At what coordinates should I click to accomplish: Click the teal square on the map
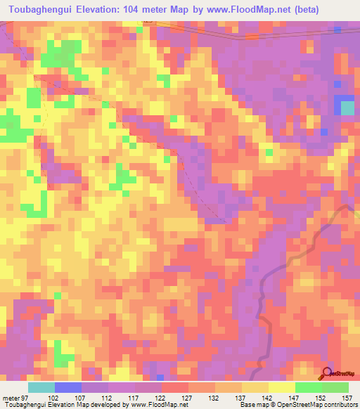click(x=347, y=108)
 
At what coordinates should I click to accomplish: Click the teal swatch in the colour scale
click(x=41, y=387)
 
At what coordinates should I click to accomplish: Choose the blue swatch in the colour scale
click(x=68, y=387)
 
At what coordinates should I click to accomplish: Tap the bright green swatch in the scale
click(x=308, y=387)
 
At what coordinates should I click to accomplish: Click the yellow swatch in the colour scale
click(x=281, y=387)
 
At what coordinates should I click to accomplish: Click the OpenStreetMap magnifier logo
click(x=328, y=373)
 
